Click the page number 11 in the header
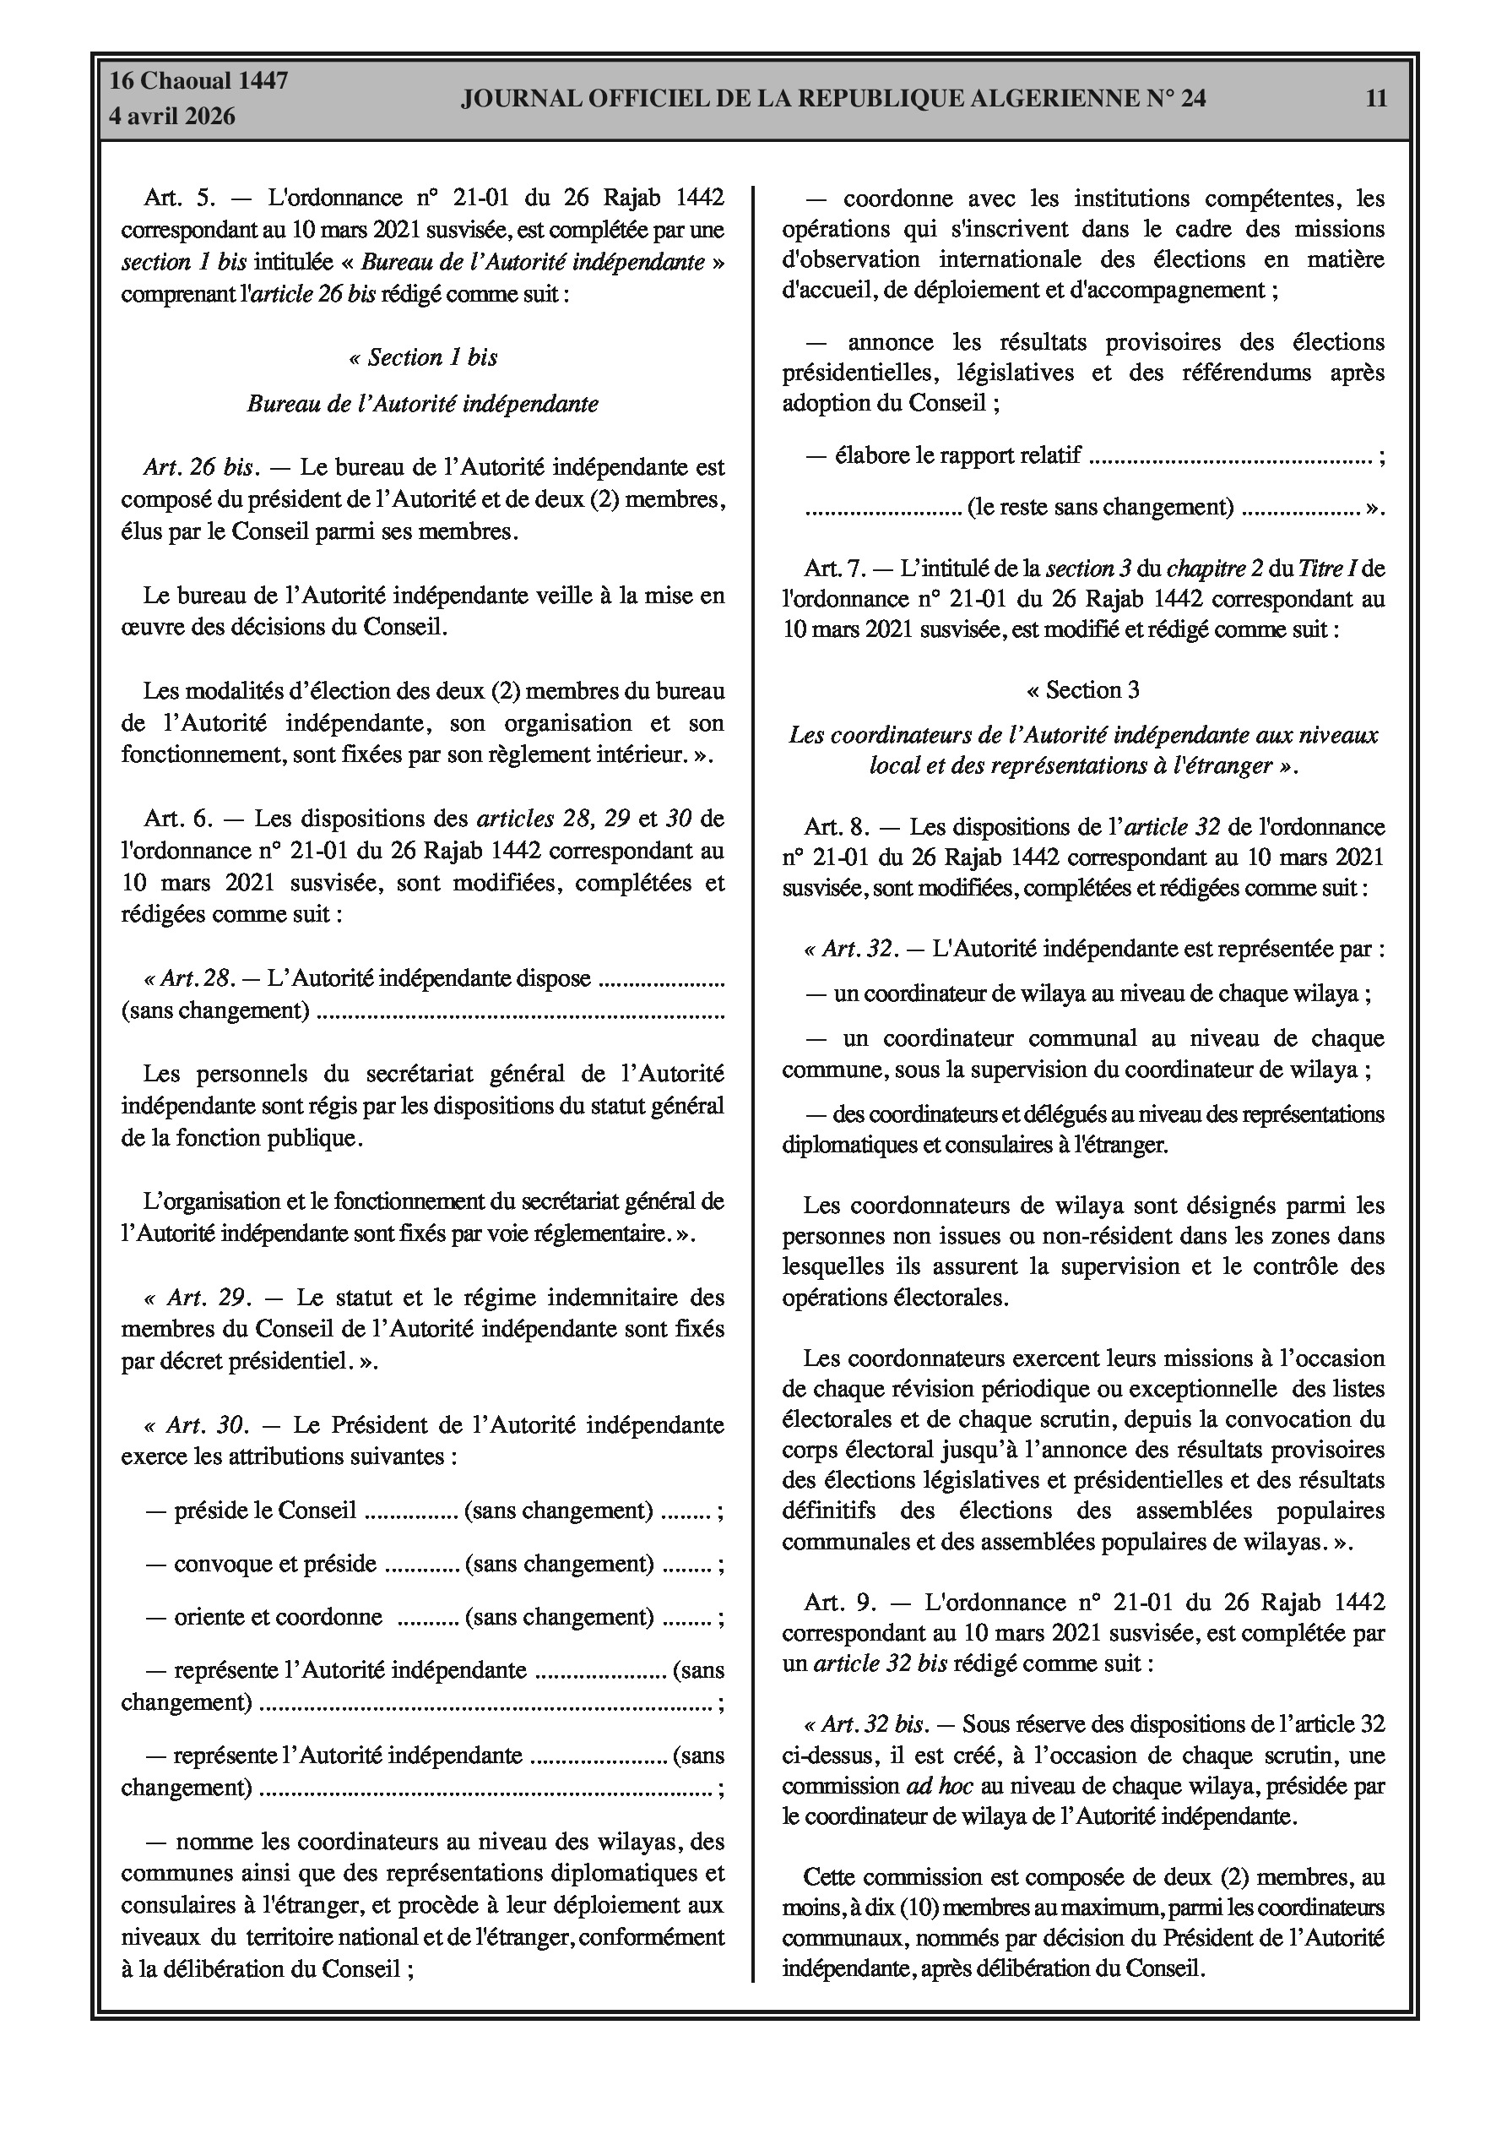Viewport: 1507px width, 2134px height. click(x=1376, y=99)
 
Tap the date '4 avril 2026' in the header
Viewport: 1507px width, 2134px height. click(x=172, y=117)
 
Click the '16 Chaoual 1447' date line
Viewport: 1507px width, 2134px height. click(x=199, y=81)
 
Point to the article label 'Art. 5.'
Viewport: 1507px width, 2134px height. click(x=179, y=198)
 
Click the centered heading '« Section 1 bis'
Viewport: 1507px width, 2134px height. click(x=423, y=358)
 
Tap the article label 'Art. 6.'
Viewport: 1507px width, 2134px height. click(x=179, y=819)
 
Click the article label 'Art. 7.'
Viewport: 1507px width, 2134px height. click(x=835, y=568)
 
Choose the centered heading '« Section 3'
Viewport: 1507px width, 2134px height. click(x=1082, y=689)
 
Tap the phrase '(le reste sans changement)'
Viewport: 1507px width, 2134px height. click(x=1100, y=508)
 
